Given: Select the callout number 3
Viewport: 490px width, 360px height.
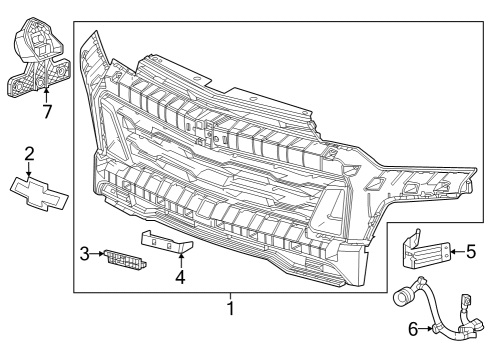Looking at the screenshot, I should coord(86,255).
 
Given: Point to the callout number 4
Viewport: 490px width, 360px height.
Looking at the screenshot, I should coord(180,277).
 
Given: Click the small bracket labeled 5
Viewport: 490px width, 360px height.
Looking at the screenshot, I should coord(423,250).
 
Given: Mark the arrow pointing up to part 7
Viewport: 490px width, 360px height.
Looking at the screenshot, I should coord(46,95).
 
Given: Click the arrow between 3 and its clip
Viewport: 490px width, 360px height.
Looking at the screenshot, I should coord(99,255).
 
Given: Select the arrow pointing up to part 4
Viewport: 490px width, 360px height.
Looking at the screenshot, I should coord(180,261).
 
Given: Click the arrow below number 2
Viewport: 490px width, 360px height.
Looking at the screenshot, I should coord(30,169).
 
